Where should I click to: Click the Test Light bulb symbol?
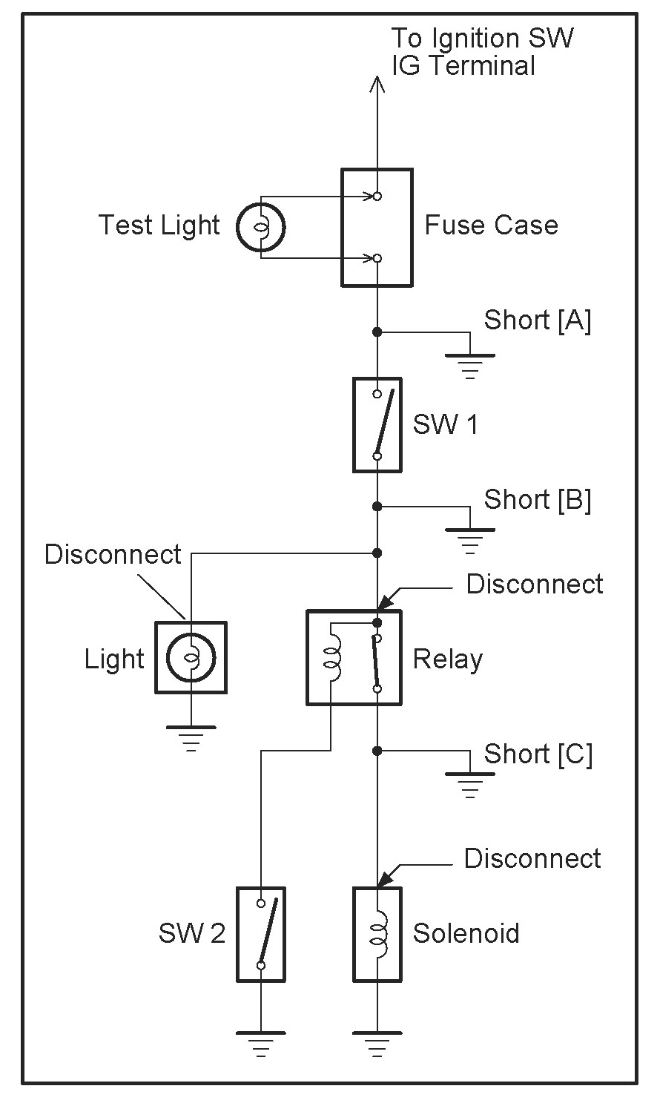point(261,227)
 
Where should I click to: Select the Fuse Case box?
point(377,227)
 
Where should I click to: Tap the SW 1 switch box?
point(377,425)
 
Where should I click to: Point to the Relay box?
point(354,658)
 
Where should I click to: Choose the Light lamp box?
point(191,658)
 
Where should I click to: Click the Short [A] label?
point(537,320)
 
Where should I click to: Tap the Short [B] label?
point(537,500)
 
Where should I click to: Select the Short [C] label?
point(538,754)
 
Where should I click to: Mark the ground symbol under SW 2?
point(261,1042)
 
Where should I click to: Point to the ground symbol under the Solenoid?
point(377,1042)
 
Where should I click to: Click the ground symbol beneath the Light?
point(191,737)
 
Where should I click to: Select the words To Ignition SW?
point(482,39)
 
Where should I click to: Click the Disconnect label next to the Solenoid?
point(532,859)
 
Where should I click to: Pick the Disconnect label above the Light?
point(113,554)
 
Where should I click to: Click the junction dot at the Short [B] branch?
point(377,506)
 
